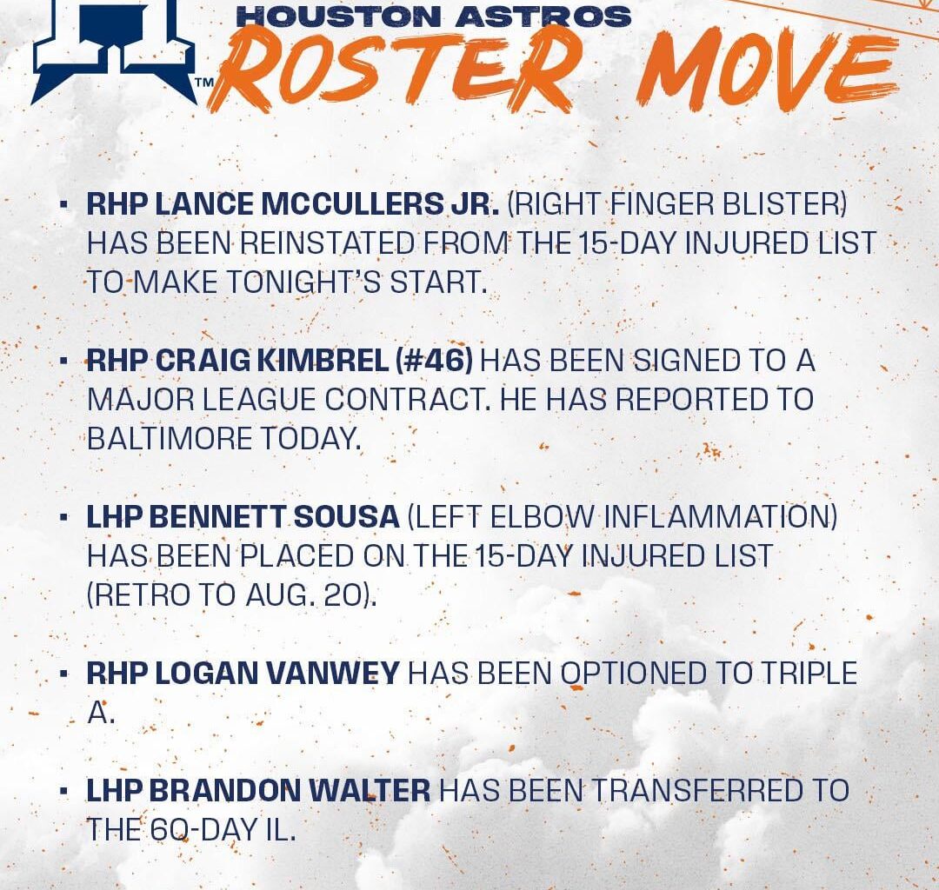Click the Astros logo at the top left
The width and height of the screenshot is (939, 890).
pos(113,48)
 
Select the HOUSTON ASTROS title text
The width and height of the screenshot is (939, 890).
pos(434,15)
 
